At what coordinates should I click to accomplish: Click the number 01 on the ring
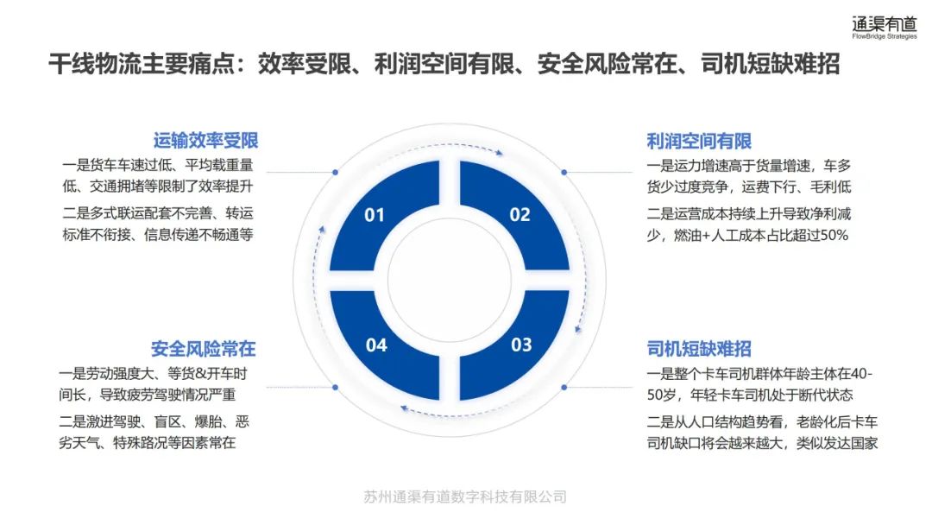point(375,215)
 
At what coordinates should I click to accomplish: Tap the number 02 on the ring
point(520,215)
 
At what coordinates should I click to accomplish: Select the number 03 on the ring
point(521,345)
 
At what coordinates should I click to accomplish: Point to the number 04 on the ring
point(376,345)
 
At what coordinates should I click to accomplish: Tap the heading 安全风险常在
point(204,349)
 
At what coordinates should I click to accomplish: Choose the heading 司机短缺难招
point(699,349)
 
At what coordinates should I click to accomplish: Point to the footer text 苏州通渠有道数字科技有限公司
point(466,497)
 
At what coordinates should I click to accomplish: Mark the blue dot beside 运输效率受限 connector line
point(335,173)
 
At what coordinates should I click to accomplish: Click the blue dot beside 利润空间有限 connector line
point(564,173)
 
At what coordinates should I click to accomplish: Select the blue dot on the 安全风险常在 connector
point(335,388)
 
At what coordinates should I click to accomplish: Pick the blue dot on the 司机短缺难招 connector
point(564,388)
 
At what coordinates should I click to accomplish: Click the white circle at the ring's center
point(449,280)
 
